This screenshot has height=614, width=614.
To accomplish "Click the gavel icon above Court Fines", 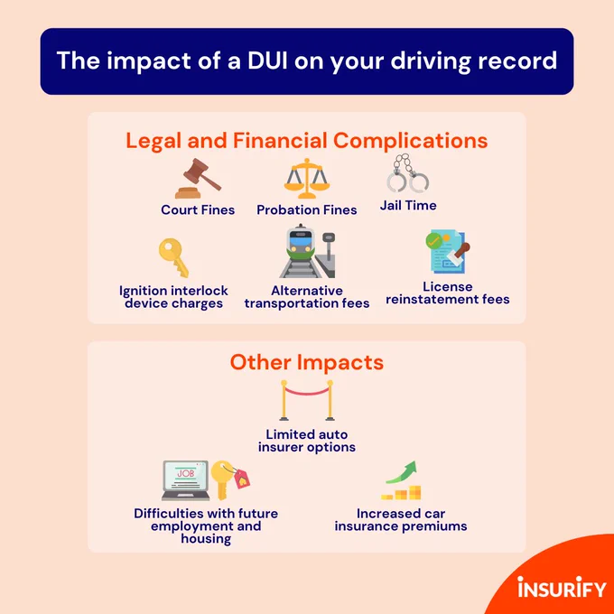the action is [198, 179].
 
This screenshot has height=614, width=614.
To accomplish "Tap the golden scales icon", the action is [307, 178].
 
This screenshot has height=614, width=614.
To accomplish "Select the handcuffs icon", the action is [408, 173].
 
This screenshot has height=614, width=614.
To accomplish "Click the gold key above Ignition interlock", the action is [173, 257].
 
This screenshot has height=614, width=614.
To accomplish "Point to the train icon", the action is [307, 251].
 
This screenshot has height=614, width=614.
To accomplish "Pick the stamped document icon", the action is [448, 251].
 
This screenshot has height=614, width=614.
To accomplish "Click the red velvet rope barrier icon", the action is [307, 400].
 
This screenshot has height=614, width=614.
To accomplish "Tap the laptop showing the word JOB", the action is [185, 480].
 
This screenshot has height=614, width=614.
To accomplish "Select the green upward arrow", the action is [402, 472].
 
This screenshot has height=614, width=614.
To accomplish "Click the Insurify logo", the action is [562, 587].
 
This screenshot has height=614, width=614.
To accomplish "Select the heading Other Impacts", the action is [307, 362].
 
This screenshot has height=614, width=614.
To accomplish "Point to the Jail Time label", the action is [408, 205].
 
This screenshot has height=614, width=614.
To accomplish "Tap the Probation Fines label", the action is [307, 209].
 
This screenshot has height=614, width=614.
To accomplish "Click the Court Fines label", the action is [198, 209].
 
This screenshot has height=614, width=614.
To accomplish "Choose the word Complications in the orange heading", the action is [410, 141].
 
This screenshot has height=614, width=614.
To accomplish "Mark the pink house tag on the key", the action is [241, 479].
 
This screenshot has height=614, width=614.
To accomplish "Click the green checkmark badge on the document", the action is [433, 240].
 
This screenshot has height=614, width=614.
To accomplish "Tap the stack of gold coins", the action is [401, 493].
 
